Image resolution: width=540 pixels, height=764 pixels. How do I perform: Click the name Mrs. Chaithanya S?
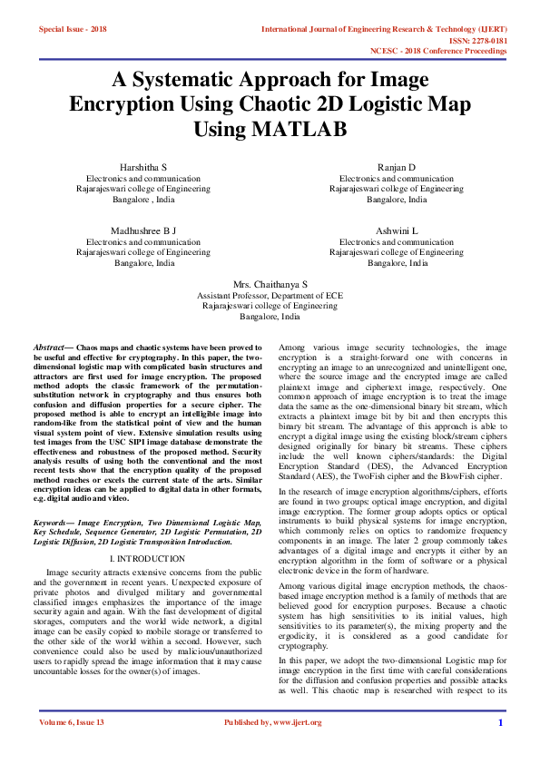click(x=270, y=284)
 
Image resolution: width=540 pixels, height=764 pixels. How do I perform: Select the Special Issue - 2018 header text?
click(x=73, y=29)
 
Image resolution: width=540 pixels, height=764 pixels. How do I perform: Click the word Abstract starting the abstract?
click(x=49, y=348)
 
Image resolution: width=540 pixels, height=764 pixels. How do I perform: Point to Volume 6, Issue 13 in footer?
click(x=73, y=722)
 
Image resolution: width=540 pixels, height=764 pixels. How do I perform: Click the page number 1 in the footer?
click(x=500, y=722)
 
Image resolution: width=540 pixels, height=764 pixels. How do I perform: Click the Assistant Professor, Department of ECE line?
click(x=270, y=296)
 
